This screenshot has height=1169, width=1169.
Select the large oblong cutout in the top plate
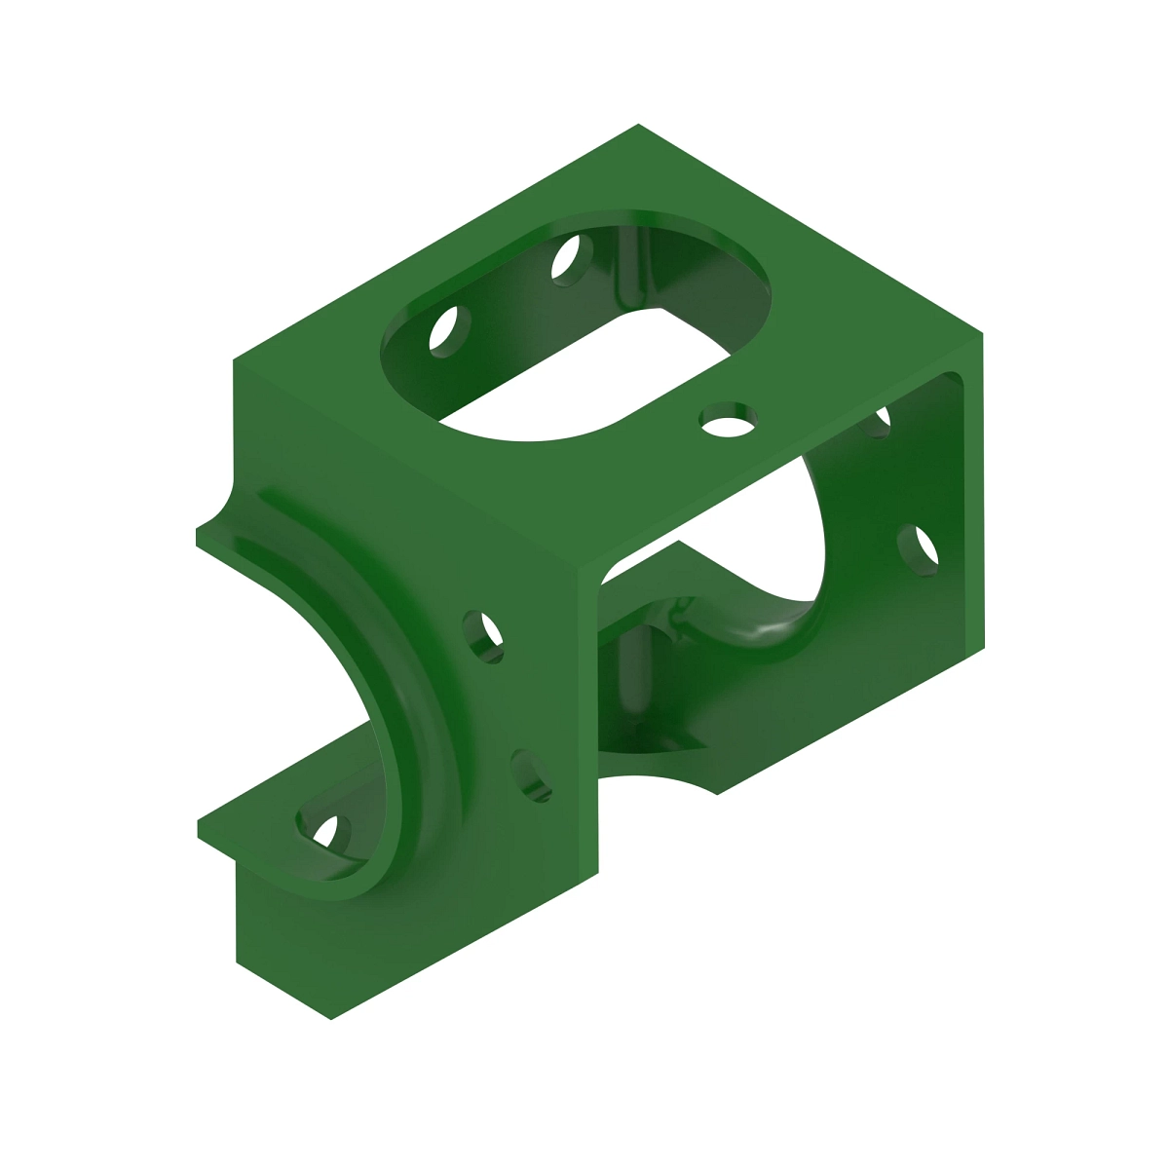575,331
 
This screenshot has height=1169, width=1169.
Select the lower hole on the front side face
531,775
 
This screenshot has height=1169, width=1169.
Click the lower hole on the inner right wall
918,548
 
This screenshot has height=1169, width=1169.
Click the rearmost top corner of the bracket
638,126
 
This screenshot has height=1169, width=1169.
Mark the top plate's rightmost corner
981,334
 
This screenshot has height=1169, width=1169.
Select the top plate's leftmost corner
234,361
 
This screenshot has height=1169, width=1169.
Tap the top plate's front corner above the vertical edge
581,570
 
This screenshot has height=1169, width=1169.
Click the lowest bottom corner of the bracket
331,1018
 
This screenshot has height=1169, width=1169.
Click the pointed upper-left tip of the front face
199,533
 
